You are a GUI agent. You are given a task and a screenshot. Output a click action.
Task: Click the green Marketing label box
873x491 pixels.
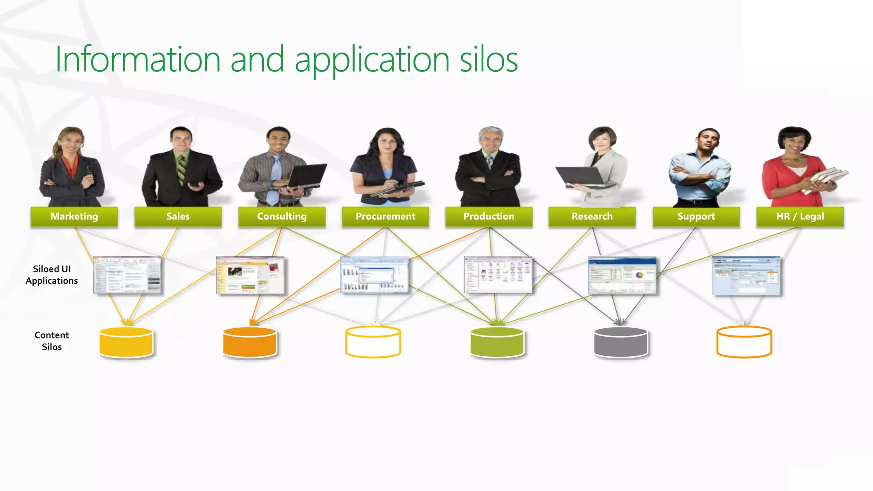tap(74, 217)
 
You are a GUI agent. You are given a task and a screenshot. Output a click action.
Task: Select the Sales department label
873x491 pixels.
tap(178, 217)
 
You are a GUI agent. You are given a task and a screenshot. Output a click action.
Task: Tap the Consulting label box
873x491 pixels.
tap(282, 217)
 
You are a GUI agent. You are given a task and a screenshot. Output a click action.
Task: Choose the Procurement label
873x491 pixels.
tap(385, 217)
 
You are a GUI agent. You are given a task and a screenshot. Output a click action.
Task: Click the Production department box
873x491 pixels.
tap(489, 217)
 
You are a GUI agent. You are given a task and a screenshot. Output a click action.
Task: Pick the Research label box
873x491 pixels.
tap(592, 217)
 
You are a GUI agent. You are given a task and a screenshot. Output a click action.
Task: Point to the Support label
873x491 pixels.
tap(696, 217)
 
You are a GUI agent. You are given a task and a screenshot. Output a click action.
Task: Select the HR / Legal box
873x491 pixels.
tap(800, 217)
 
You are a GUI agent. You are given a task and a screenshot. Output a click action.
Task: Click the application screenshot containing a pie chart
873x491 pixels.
tap(622, 275)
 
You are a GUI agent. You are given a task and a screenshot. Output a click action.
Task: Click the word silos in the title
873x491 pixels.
tap(489, 60)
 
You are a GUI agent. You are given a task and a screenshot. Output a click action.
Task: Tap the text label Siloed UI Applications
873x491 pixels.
tap(52, 275)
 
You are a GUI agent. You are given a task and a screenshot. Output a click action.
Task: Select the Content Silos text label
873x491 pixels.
tap(52, 341)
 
